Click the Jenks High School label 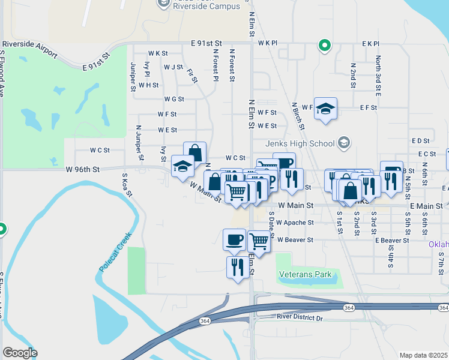click(300, 143)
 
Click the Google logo click(20, 353)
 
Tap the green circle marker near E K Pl click(325, 45)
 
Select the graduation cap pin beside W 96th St click(182, 167)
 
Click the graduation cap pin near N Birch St click(325, 109)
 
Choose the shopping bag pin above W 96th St click(194, 153)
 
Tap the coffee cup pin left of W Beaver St click(234, 240)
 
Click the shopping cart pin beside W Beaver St click(259, 242)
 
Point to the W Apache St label click(295, 223)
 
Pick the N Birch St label click(298, 116)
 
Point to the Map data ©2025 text click(424, 355)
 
